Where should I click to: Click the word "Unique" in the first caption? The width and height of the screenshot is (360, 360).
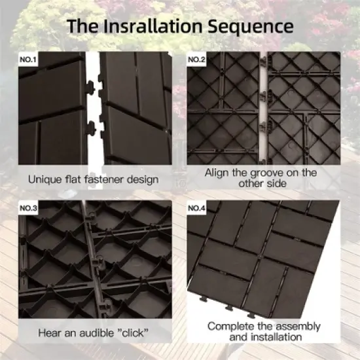pos(45,178)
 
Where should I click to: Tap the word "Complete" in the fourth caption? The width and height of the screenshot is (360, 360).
pos(230,325)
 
